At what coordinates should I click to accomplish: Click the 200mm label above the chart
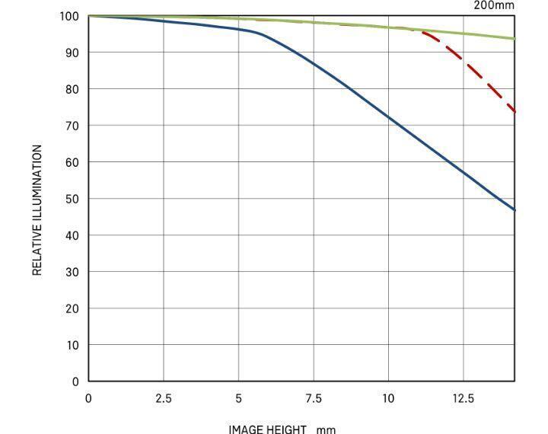pyautogui.click(x=495, y=5)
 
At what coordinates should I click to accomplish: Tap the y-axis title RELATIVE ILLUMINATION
pyautogui.click(x=37, y=210)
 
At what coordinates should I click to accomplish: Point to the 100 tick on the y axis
pyautogui.click(x=69, y=16)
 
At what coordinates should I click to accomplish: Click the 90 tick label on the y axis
pyautogui.click(x=72, y=53)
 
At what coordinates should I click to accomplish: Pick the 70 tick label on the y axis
pyautogui.click(x=72, y=126)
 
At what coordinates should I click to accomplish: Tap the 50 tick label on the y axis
pyautogui.click(x=72, y=199)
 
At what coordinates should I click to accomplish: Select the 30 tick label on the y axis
pyautogui.click(x=72, y=272)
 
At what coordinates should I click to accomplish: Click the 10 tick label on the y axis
pyautogui.click(x=72, y=345)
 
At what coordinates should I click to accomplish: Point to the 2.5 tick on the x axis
pyautogui.click(x=164, y=398)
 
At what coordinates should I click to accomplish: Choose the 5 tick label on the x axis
pyautogui.click(x=238, y=398)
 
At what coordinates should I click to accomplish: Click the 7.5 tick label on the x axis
pyautogui.click(x=314, y=398)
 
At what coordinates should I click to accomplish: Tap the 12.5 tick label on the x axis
pyautogui.click(x=464, y=398)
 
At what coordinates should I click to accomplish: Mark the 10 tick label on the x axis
pyautogui.click(x=388, y=398)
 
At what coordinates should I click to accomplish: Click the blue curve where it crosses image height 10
pyautogui.click(x=388, y=116)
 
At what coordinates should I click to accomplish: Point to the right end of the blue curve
pyautogui.click(x=515, y=209)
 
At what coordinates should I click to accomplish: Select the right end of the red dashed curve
pyautogui.click(x=515, y=111)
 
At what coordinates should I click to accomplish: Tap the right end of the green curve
pyautogui.click(x=515, y=38)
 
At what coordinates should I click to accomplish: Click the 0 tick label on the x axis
pyautogui.click(x=88, y=398)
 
